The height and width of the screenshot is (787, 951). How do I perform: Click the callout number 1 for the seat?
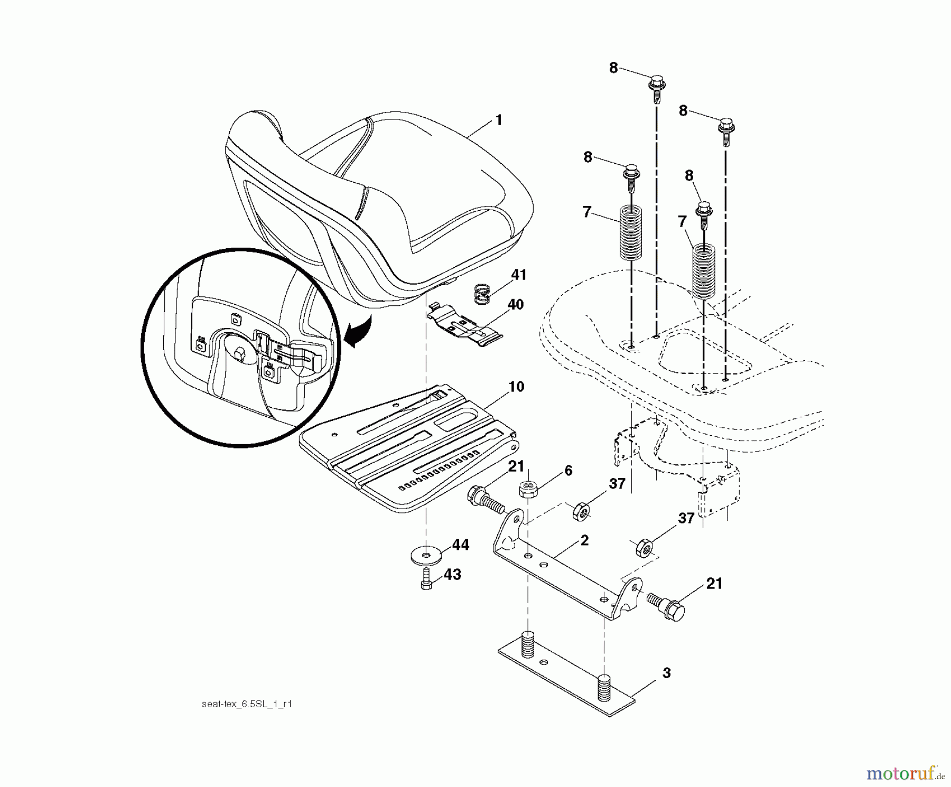tap(498, 120)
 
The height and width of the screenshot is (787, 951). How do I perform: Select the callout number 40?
tap(515, 305)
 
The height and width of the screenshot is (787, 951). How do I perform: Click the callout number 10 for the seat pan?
tap(516, 387)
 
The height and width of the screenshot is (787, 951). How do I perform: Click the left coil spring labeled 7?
tap(631, 232)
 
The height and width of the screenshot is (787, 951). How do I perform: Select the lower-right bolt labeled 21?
tap(667, 605)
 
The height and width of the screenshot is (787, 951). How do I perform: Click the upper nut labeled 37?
tap(582, 511)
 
